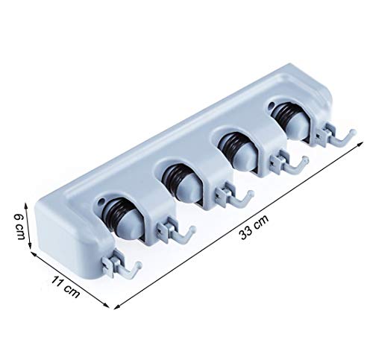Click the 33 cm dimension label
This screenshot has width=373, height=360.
pyautogui.click(x=254, y=227)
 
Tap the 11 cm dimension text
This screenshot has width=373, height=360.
pyautogui.click(x=66, y=287)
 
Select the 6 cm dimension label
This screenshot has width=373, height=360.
pyautogui.click(x=19, y=227)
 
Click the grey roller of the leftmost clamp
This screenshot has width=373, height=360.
pyautogui.click(x=129, y=221)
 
